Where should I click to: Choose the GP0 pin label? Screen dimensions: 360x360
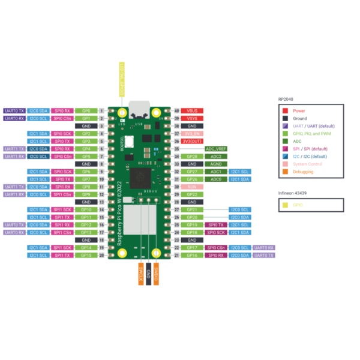[x=86, y=111]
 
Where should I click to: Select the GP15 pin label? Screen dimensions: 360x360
[x=86, y=255]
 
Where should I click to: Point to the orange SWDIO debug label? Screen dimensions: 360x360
[x=156, y=272]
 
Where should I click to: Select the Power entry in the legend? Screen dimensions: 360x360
[x=299, y=110]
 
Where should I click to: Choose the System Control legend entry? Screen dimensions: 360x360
[x=308, y=164]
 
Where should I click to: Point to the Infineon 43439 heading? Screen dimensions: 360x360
[x=293, y=193]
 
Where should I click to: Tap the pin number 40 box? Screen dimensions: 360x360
[x=176, y=111]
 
